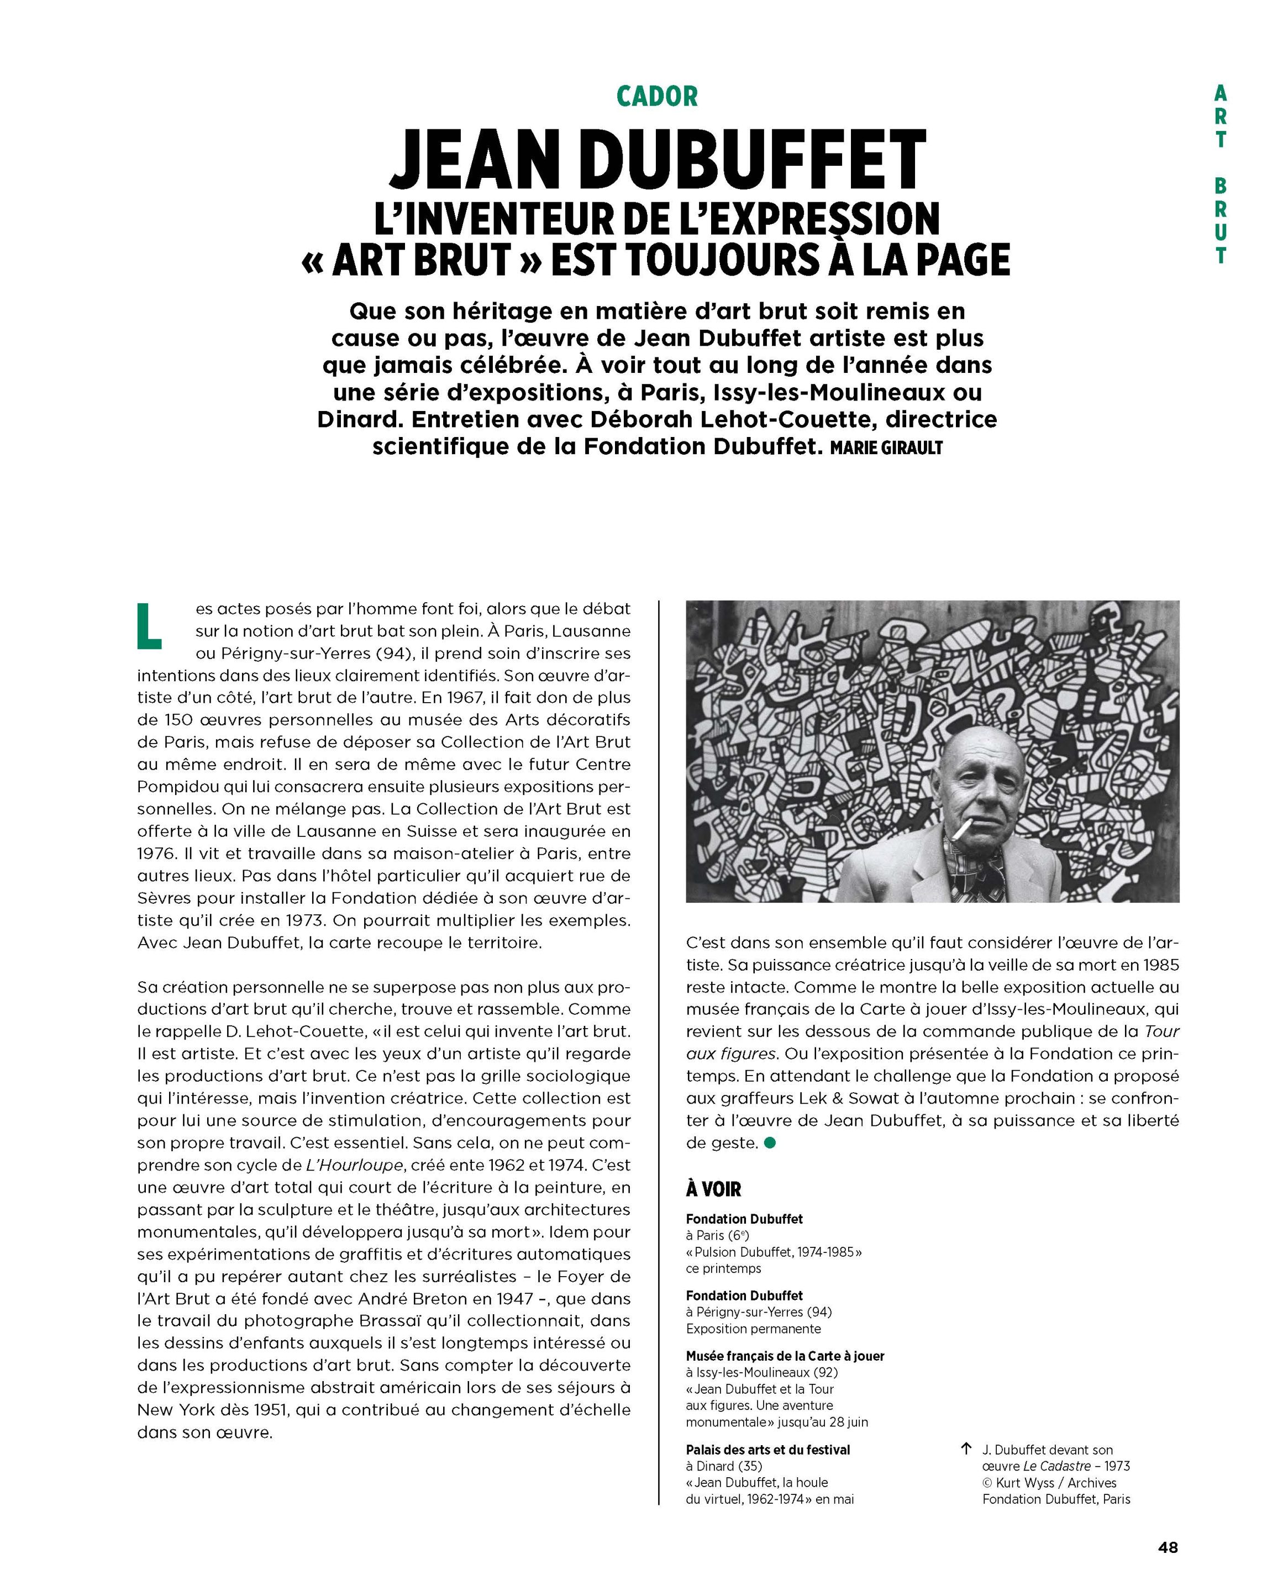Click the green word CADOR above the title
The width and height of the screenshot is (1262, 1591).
(x=656, y=96)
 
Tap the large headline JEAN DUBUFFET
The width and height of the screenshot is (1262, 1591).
(x=656, y=160)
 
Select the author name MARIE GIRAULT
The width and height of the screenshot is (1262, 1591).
(x=886, y=448)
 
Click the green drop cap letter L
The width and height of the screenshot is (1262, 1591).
(x=149, y=626)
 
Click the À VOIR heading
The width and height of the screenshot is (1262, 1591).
(x=713, y=1189)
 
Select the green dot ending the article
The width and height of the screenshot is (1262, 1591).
(x=770, y=1143)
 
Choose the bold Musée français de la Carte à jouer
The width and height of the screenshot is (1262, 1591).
(x=785, y=1356)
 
